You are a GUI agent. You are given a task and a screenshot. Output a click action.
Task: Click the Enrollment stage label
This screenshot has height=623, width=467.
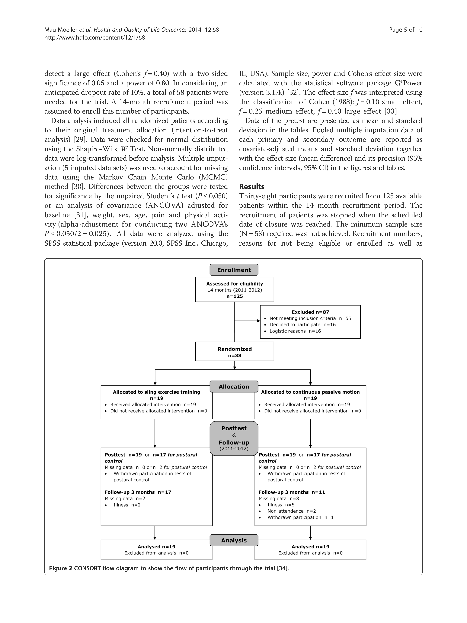point(234,270)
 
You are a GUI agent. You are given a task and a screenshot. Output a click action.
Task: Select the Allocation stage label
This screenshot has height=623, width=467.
point(234,386)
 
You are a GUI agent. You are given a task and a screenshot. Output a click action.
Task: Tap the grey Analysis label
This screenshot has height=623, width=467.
point(234,540)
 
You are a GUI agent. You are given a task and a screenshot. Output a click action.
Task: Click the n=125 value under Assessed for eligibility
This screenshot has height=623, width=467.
point(235,296)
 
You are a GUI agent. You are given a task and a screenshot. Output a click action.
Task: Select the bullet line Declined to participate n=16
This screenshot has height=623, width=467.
point(302,324)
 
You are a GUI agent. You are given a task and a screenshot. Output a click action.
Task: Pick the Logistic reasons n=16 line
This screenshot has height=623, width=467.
point(295,331)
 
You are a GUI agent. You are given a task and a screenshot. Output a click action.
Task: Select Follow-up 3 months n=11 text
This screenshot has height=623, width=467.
point(292,492)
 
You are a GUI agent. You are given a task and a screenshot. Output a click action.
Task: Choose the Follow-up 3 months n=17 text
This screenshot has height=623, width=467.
point(138,492)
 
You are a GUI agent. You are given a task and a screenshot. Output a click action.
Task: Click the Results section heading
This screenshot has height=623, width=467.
point(252,186)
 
